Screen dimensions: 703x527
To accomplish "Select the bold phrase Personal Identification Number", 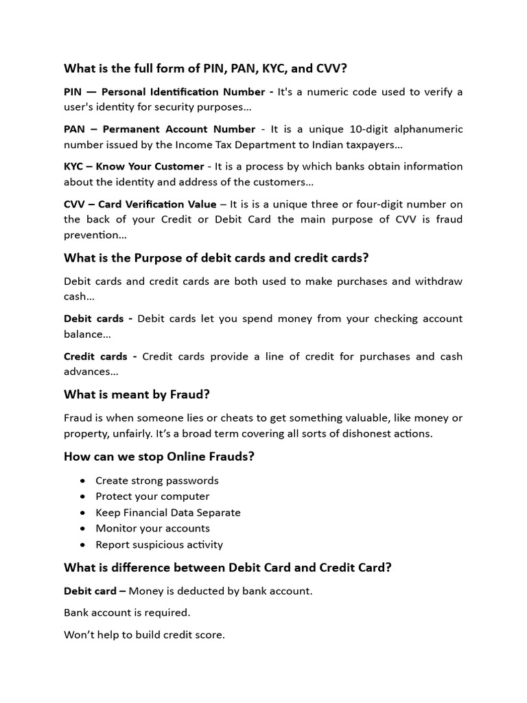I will [183, 92].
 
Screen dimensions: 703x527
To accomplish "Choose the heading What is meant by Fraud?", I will [137, 394].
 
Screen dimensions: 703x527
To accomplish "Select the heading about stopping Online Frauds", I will [159, 457].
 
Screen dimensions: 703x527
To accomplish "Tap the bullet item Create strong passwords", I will [157, 481].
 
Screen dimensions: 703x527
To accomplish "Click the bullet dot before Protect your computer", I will [83, 496].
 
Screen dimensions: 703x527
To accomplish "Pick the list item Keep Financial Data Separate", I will [168, 512].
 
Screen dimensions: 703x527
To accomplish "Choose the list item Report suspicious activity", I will [159, 544].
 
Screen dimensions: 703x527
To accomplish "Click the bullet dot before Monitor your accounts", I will [83, 529].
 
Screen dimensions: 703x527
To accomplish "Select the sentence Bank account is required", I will [127, 612].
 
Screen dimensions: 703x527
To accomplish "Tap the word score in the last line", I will [210, 635].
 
